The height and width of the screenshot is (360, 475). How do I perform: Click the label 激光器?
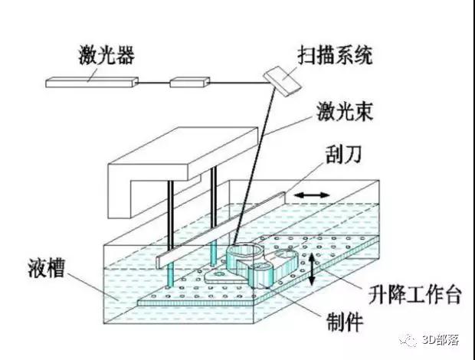[x=106, y=55]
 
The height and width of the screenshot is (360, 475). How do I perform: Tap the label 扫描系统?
[x=335, y=55]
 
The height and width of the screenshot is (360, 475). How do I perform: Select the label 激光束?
[x=345, y=111]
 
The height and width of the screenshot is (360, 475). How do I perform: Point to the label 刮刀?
[x=343, y=154]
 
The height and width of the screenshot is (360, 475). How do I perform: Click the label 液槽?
[x=46, y=268]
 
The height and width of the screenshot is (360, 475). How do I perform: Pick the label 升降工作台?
[x=414, y=294]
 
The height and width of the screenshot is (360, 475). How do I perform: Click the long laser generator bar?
[x=92, y=83]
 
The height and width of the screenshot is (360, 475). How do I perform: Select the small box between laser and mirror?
[x=190, y=83]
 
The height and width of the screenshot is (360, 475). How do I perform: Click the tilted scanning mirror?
[x=282, y=81]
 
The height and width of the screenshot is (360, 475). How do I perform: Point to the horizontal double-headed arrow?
[x=312, y=195]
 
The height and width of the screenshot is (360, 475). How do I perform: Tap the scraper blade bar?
[x=221, y=230]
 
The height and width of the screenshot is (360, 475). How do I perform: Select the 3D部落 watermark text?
[x=441, y=340]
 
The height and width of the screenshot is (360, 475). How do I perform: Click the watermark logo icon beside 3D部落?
[x=408, y=340]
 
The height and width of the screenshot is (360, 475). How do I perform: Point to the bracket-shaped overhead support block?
[x=183, y=172]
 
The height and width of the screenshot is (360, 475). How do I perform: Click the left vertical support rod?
[x=171, y=233]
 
